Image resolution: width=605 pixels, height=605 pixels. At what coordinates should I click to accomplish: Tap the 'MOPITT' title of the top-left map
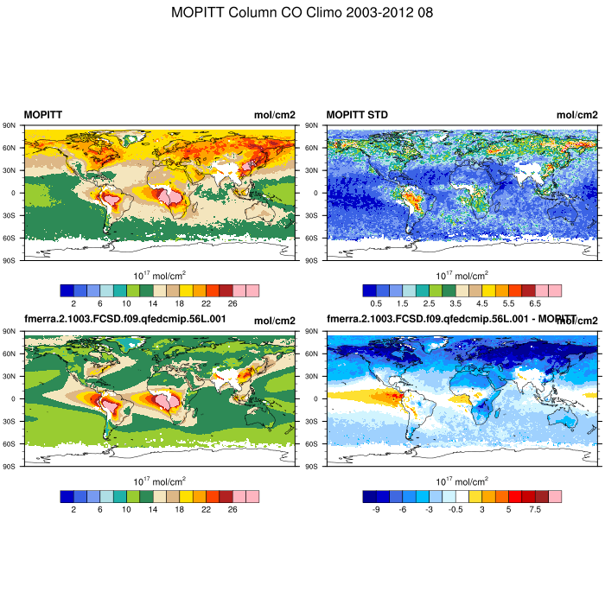pos(42,115)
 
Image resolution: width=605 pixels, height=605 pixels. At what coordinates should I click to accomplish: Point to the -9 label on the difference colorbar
pos(376,510)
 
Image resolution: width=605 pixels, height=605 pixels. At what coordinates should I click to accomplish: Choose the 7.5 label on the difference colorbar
pos(535,510)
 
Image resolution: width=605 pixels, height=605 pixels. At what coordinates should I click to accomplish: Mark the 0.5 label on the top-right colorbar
pos(376,304)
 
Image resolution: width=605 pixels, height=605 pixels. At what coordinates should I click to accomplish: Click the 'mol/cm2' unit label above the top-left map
pos(274,115)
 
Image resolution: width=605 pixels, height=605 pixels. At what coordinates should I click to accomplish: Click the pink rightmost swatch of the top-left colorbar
pos(252,290)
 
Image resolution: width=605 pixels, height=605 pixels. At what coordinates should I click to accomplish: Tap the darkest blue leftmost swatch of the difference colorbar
pos(369,496)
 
